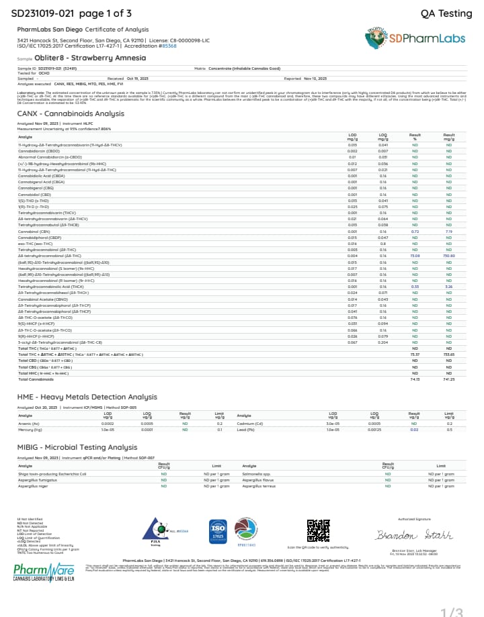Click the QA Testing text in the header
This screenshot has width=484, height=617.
tap(446, 13)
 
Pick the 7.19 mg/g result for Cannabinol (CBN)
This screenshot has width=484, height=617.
tap(449, 230)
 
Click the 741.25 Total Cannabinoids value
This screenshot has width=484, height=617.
tap(449, 379)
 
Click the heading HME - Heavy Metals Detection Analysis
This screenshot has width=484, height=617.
tap(87, 397)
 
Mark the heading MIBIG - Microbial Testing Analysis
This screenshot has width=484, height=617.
tap(77, 447)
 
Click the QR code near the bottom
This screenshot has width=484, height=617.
tap(318, 530)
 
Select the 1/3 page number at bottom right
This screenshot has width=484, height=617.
tap(452, 611)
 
